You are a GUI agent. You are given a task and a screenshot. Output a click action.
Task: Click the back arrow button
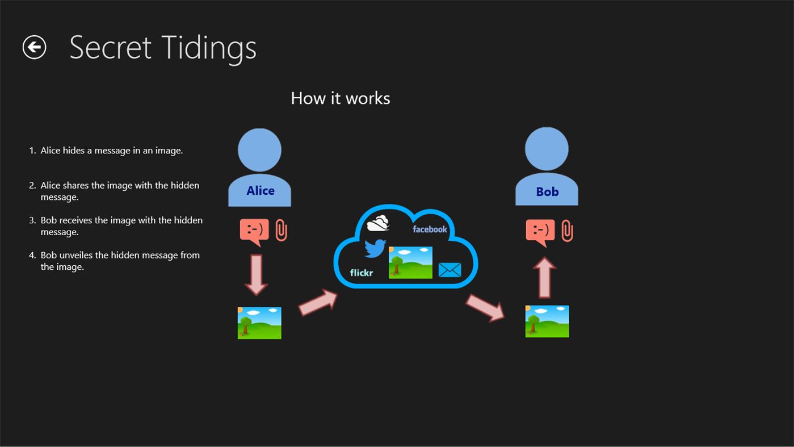tap(34, 47)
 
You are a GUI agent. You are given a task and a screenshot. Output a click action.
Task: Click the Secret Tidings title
tap(163, 47)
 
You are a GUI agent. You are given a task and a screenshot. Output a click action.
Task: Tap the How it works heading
tap(340, 98)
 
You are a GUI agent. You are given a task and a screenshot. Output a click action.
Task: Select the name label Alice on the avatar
tap(260, 191)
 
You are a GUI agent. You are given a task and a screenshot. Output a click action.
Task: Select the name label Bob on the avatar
tap(547, 192)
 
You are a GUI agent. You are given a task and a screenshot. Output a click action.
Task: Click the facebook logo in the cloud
tap(430, 229)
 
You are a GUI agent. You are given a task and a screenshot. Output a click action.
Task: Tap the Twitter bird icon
tap(375, 248)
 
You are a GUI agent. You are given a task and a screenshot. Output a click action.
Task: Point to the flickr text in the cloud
tap(362, 273)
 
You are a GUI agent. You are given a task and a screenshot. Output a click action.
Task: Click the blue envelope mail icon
tap(449, 269)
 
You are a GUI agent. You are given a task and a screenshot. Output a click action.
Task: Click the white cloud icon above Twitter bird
tap(378, 223)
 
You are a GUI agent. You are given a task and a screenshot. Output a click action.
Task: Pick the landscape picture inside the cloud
tap(410, 262)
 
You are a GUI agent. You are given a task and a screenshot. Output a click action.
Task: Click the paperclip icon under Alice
tap(281, 230)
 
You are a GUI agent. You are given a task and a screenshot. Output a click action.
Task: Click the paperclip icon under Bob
tap(567, 231)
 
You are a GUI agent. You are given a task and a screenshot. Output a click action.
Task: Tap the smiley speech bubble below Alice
tap(254, 231)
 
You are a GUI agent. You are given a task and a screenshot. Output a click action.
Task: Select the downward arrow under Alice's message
tap(257, 274)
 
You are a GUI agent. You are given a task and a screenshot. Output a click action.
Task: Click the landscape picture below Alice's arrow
tap(259, 323)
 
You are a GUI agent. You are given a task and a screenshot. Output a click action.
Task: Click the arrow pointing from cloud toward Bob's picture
tap(485, 307)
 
